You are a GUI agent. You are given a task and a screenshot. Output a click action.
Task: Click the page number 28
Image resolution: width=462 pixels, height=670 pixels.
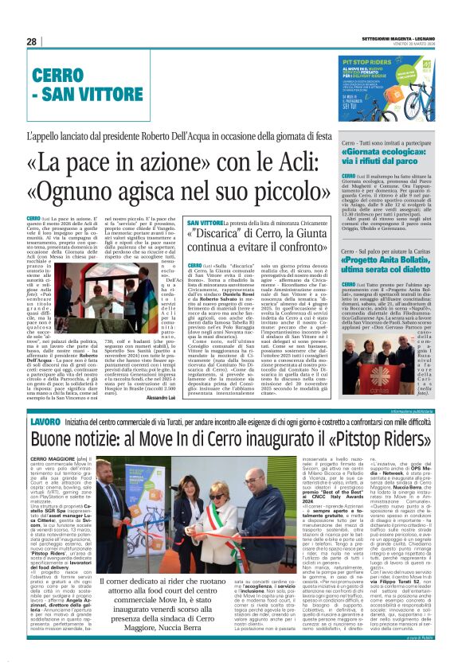31,41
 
